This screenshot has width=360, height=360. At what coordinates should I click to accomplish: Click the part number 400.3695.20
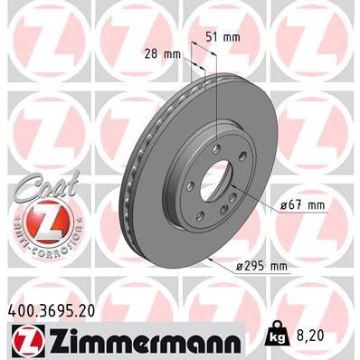(x=57, y=309)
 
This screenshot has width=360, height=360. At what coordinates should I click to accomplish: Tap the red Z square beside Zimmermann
(x=24, y=342)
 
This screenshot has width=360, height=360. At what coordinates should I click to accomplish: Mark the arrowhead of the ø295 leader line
(x=211, y=259)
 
